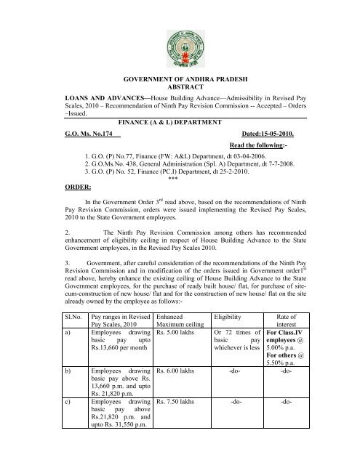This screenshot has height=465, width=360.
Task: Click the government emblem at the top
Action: pos(180,40)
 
